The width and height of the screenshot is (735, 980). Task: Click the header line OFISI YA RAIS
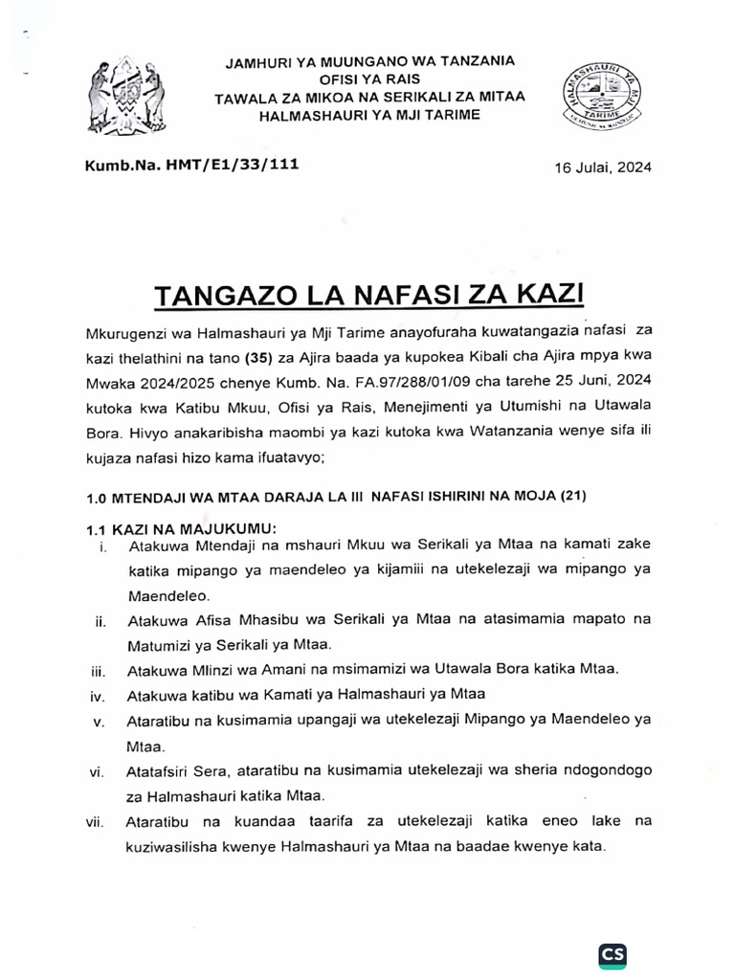pos(368,78)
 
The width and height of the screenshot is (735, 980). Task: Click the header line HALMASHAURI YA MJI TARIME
pos(368,115)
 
